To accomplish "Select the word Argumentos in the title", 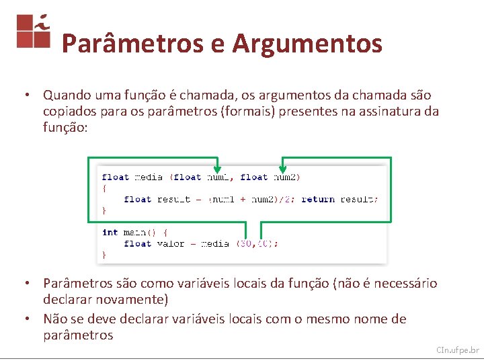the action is tap(307, 44).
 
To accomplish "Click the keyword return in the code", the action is tap(318, 199).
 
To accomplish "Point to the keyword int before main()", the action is tap(110, 233).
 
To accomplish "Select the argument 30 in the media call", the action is tap(246, 243).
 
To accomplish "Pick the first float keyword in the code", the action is tap(116, 177).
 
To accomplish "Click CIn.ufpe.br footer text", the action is tap(457, 350).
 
